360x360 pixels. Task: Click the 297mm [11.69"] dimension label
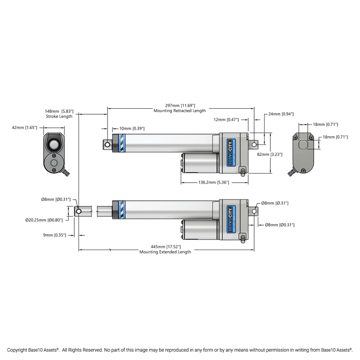tap(180, 105)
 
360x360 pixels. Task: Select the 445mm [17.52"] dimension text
tap(165, 246)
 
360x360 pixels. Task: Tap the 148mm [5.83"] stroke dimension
tap(59, 111)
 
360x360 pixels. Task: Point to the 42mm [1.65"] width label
tap(24, 128)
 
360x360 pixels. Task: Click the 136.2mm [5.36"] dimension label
tap(214, 182)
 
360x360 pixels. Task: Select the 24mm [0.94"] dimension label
tap(281, 114)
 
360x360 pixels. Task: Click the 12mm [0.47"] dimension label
tap(227, 120)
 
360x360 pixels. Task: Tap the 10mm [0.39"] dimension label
tap(132, 129)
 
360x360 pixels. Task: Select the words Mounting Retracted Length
tap(179, 111)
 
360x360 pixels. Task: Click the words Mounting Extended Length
tap(165, 252)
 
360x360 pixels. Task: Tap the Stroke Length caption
tap(59, 116)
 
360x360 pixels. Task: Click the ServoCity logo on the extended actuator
tap(231, 219)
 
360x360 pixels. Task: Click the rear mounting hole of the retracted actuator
tap(254, 144)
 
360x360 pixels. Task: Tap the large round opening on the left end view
tap(54, 144)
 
